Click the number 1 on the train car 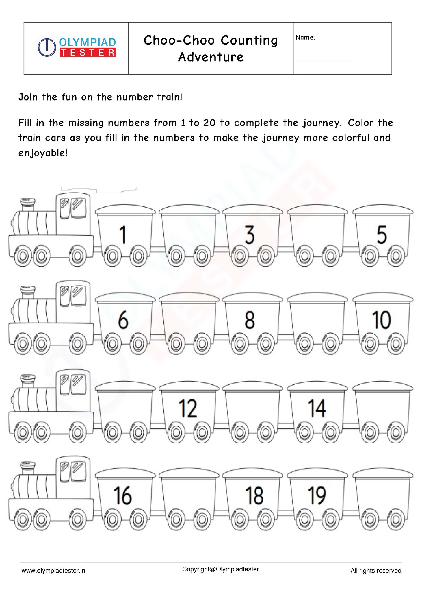pos(123,235)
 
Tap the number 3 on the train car pos(250,235)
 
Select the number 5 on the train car pos(382,235)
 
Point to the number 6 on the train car pos(123,320)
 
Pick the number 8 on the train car pos(250,320)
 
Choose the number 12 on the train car pos(188,408)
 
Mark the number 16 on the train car pos(123,495)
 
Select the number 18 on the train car pos(254,495)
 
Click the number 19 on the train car pos(317,495)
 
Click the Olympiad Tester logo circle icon pos(47,47)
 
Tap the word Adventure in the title pos(211,57)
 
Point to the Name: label pos(305,38)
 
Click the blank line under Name pos(324,60)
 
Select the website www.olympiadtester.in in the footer pos(53,571)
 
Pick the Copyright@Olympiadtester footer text pos(220,569)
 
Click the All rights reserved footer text pos(376,571)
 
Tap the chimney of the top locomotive pos(28,204)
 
